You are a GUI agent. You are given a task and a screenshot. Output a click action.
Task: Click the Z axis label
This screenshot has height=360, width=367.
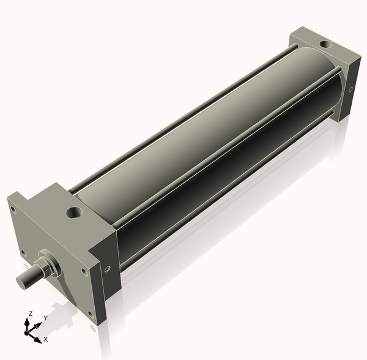[x=30, y=313]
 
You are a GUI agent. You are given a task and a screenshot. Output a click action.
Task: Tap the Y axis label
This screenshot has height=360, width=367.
[x=46, y=318]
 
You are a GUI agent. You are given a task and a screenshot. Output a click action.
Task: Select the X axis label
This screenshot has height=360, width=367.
[x=46, y=339]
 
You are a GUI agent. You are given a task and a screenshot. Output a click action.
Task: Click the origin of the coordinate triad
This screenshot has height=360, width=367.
[x=27, y=332]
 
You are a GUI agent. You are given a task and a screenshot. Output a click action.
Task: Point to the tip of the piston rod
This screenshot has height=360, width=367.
[x=21, y=280]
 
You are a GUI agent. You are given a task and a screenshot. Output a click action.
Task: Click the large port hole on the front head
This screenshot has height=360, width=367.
[x=75, y=212]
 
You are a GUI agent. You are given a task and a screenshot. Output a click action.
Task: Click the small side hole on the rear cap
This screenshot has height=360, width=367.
[x=350, y=89]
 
